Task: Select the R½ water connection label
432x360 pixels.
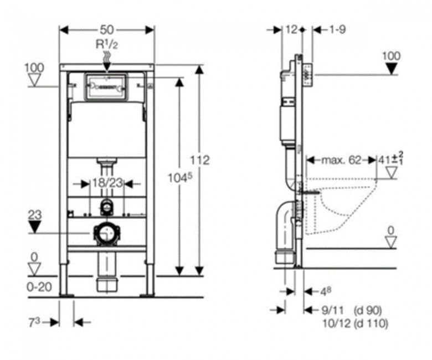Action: tap(106, 45)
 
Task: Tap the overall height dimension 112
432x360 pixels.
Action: tap(200, 160)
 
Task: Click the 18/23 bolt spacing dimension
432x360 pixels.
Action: tap(106, 183)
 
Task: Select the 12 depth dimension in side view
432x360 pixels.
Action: tap(291, 29)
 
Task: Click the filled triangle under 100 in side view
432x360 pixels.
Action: tap(392, 69)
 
